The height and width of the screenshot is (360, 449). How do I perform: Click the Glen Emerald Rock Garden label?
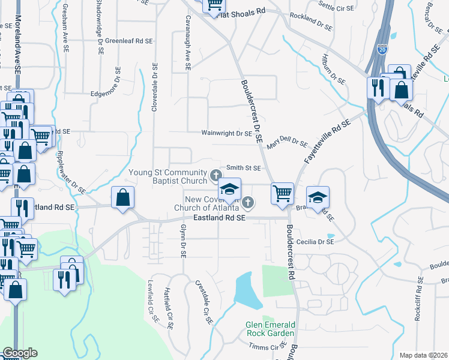(270, 329)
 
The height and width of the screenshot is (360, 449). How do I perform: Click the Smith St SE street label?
(243, 169)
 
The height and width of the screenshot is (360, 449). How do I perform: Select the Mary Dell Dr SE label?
(288, 141)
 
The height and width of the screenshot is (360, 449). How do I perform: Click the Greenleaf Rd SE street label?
(129, 41)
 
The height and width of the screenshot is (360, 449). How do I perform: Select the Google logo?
(20, 353)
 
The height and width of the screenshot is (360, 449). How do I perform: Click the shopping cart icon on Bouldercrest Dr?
(282, 194)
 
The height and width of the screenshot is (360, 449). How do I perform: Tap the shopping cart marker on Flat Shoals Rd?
(214, 6)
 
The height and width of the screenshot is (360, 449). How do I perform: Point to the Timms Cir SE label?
(268, 347)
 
